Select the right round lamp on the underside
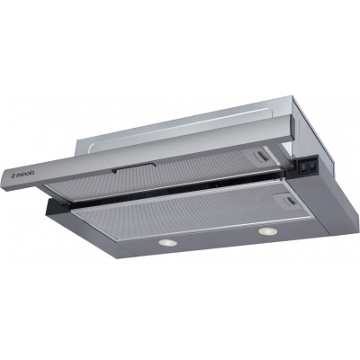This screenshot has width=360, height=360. pos(266,233)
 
